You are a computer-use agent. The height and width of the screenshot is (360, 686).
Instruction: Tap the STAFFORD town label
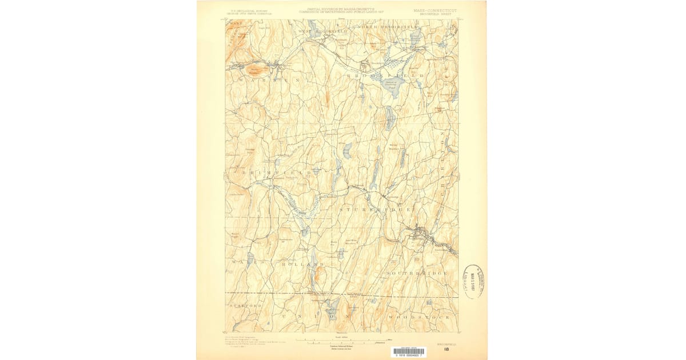pos(245,306)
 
